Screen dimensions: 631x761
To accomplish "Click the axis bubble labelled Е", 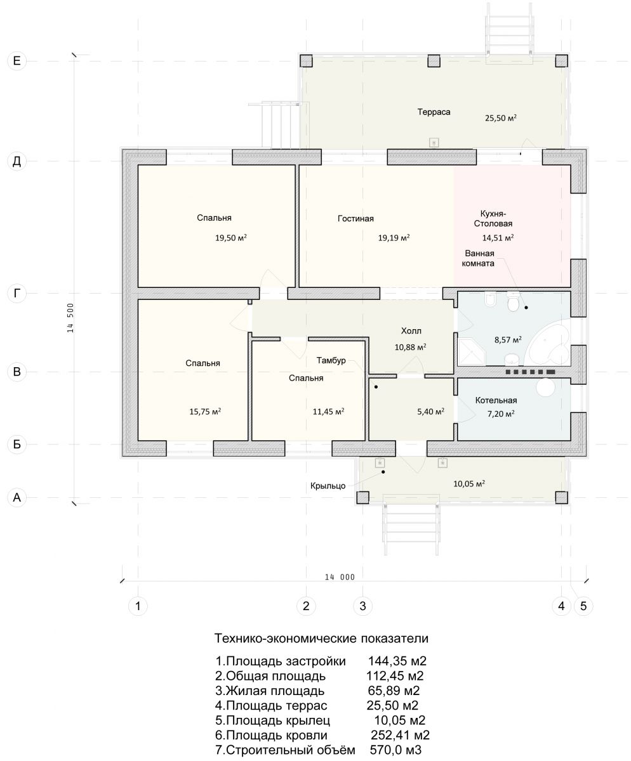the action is click(17, 60).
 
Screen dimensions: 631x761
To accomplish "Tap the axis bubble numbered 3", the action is click(362, 606).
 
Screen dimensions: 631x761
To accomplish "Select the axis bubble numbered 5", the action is click(583, 606).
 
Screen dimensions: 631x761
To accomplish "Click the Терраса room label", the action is click(434, 112).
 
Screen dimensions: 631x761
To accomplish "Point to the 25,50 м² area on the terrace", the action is click(500, 118).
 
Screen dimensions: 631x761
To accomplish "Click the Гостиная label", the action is click(355, 218).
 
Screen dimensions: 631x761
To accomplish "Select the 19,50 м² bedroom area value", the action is click(230, 238).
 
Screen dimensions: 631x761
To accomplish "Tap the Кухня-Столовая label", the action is click(493, 218).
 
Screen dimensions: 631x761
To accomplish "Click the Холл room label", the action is click(411, 331).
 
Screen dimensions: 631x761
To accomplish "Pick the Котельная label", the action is click(496, 400).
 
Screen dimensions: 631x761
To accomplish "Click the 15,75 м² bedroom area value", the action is click(205, 412).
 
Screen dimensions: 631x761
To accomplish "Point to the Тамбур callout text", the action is click(331, 360).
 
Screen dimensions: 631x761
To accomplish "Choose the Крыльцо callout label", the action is click(328, 486).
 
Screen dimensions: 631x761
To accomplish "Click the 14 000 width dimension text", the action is click(340, 577).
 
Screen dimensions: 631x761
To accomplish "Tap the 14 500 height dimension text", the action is click(70, 318).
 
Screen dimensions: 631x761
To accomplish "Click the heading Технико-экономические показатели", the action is click(321, 638).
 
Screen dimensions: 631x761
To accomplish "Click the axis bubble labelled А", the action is click(17, 497).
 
